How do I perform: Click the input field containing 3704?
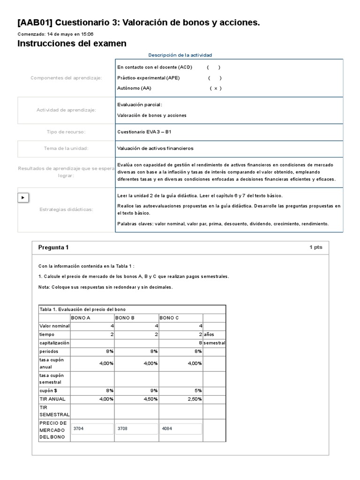point(92,428)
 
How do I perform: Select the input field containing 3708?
point(136,428)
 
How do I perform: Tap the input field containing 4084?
point(181,428)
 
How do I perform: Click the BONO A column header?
point(81,318)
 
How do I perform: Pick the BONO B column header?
point(125,318)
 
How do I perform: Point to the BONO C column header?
point(170,318)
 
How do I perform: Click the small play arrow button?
point(23,197)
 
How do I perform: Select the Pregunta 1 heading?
point(53,247)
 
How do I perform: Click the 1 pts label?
point(315,247)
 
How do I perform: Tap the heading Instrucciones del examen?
point(72,44)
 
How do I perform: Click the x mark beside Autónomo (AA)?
point(215,88)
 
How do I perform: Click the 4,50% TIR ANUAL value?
point(150,399)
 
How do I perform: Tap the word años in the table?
point(210,334)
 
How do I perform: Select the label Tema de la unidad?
point(66,149)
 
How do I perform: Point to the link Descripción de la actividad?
point(180,55)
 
